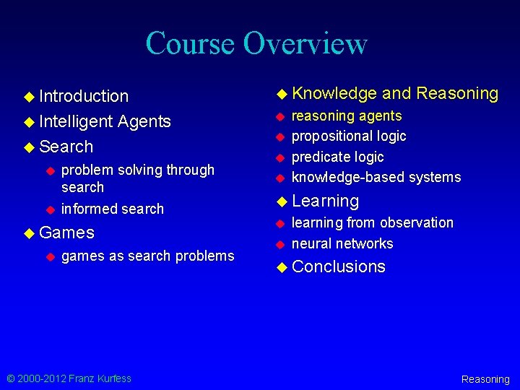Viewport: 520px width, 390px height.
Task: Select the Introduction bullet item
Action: pos(84,96)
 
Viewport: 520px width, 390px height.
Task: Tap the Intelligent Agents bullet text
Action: pos(105,121)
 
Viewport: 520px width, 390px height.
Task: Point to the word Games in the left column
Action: pos(66,233)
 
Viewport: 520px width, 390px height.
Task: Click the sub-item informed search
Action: pos(113,209)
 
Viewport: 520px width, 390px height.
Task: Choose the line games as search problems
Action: pos(148,256)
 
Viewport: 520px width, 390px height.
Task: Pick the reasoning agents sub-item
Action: pos(347,116)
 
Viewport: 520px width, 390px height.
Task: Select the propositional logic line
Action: pos(349,136)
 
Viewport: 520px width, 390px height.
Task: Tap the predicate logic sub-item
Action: pos(337,157)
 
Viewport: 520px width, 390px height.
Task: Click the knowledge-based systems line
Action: pos(376,177)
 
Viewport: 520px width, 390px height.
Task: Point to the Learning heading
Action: pos(325,201)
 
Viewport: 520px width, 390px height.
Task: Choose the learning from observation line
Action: pos(372,222)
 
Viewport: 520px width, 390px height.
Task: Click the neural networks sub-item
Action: pos(342,243)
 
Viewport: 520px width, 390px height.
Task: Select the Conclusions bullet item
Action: pos(339,266)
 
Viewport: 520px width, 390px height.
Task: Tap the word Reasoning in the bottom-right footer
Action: pos(485,379)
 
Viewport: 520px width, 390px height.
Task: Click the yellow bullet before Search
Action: pos(29,147)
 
